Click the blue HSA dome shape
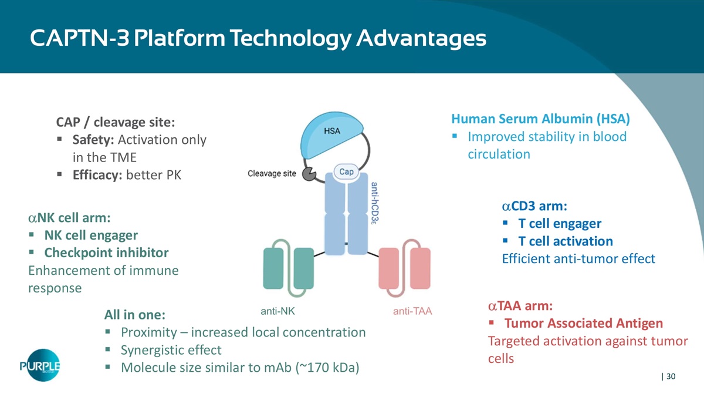click(331, 135)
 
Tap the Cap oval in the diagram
click(346, 171)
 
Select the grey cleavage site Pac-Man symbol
click(309, 174)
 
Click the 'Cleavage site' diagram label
click(272, 173)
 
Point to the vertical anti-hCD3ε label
click(375, 203)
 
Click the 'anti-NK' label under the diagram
click(278, 311)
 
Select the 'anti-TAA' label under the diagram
click(412, 311)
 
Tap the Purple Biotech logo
click(40, 365)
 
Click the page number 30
click(671, 376)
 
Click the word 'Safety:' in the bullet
click(93, 140)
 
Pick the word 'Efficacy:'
click(97, 175)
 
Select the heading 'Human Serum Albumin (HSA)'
click(540, 119)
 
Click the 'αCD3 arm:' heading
click(534, 206)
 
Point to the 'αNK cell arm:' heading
click(69, 218)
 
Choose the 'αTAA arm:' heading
click(520, 306)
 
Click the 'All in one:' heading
click(135, 315)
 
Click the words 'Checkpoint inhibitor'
click(107, 253)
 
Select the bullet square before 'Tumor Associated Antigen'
click(492, 322)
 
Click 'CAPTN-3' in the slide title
click(80, 38)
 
